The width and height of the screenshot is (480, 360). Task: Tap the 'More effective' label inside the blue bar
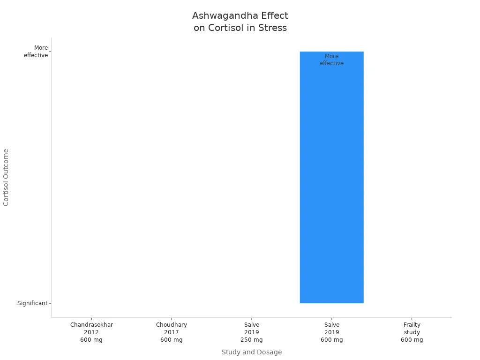331,60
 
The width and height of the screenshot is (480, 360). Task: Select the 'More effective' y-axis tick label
36,52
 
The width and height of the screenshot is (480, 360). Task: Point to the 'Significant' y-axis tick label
32,303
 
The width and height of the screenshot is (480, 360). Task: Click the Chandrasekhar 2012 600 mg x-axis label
91,332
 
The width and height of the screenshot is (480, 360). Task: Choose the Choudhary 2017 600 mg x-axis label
172,332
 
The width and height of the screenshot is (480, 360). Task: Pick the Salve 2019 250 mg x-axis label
252,332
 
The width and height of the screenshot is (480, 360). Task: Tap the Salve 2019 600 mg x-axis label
332,332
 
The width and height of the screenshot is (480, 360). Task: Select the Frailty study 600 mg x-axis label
412,332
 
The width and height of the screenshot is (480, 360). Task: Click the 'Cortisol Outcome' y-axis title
6,177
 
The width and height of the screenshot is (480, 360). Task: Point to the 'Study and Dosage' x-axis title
252,352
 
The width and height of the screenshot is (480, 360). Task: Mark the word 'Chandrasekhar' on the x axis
91,325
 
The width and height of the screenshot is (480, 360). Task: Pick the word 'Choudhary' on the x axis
172,325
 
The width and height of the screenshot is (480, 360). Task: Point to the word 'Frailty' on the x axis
412,325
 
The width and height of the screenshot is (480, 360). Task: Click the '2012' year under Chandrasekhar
91,332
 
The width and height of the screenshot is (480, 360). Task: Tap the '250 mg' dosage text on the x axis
252,340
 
